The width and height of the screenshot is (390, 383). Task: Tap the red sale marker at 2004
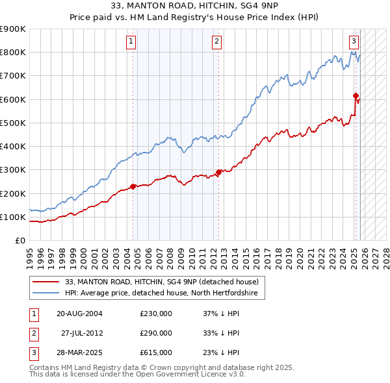(x=133, y=186)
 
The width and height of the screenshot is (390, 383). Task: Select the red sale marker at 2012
(x=218, y=172)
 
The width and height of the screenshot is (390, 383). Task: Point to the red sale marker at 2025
(x=356, y=95)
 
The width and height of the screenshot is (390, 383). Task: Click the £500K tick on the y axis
(x=13, y=123)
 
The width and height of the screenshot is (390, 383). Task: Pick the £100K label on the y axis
(x=13, y=217)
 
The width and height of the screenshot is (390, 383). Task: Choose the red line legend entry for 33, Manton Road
(x=162, y=282)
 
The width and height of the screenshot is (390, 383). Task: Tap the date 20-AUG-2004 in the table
(x=79, y=314)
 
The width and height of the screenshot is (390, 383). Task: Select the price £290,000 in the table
(x=156, y=333)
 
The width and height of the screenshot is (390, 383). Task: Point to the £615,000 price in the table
(x=156, y=352)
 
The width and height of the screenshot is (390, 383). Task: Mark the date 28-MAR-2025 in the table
(x=79, y=352)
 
